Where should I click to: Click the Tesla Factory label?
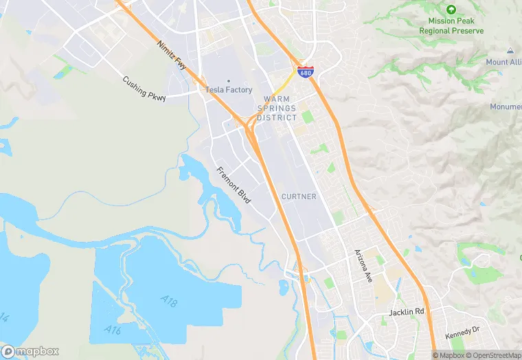[x=229, y=90]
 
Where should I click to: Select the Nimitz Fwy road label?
[x=171, y=55]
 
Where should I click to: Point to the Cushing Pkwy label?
[x=144, y=87]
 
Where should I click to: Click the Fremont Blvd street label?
[x=234, y=185]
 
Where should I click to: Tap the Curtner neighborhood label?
[x=299, y=196]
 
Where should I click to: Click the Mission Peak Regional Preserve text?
[x=451, y=26]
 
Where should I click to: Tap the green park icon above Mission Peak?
[x=451, y=10]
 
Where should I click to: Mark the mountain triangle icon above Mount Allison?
[x=510, y=52]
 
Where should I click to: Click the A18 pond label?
[x=169, y=300]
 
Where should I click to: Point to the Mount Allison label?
[x=504, y=63]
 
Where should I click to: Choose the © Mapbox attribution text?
[x=449, y=355]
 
